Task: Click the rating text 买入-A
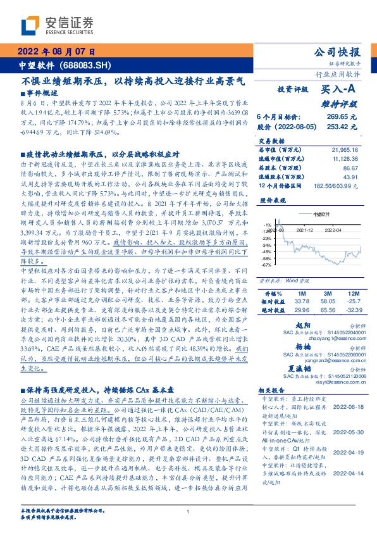(x=341, y=89)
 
